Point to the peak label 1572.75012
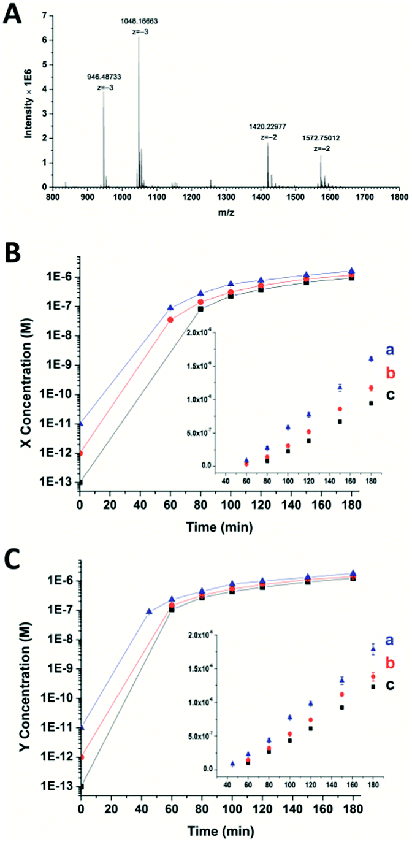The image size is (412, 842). pyautogui.click(x=320, y=139)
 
